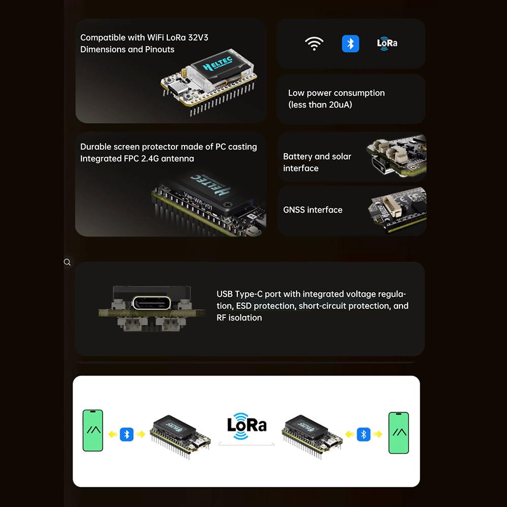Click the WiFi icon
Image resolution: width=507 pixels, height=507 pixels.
coord(314,44)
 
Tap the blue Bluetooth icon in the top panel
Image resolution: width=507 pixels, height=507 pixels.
coord(350,44)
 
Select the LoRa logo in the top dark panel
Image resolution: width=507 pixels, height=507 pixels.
coord(387,43)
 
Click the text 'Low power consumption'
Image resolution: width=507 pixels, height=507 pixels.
coord(336,93)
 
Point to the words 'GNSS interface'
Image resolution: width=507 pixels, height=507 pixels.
coord(313,210)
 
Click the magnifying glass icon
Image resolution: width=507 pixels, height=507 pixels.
coord(67,262)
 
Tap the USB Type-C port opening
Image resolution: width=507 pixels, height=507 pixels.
coord(151,303)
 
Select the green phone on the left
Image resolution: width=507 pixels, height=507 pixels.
coord(93,430)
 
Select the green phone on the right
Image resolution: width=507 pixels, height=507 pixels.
coord(399,433)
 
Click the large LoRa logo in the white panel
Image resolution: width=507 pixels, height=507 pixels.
coord(247,425)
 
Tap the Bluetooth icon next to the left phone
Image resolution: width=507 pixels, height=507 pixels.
coord(127,434)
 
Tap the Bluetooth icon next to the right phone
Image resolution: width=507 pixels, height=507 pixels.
coord(364,434)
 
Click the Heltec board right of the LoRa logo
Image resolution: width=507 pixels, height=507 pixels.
coord(311,436)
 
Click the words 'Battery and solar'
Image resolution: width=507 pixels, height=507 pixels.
coord(317,157)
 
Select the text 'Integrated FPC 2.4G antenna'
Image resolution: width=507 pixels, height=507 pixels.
coord(137,159)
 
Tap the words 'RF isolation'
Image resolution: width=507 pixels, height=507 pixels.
coord(239,318)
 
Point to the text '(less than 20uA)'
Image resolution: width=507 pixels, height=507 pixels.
coord(320,105)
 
